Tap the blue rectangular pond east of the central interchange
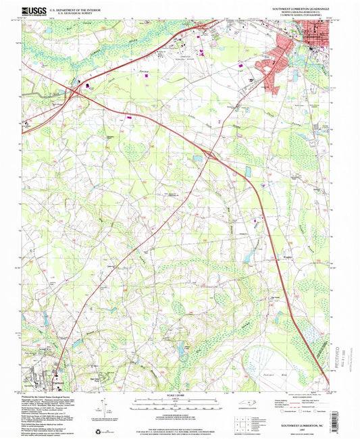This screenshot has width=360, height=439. pyautogui.click(x=248, y=172)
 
